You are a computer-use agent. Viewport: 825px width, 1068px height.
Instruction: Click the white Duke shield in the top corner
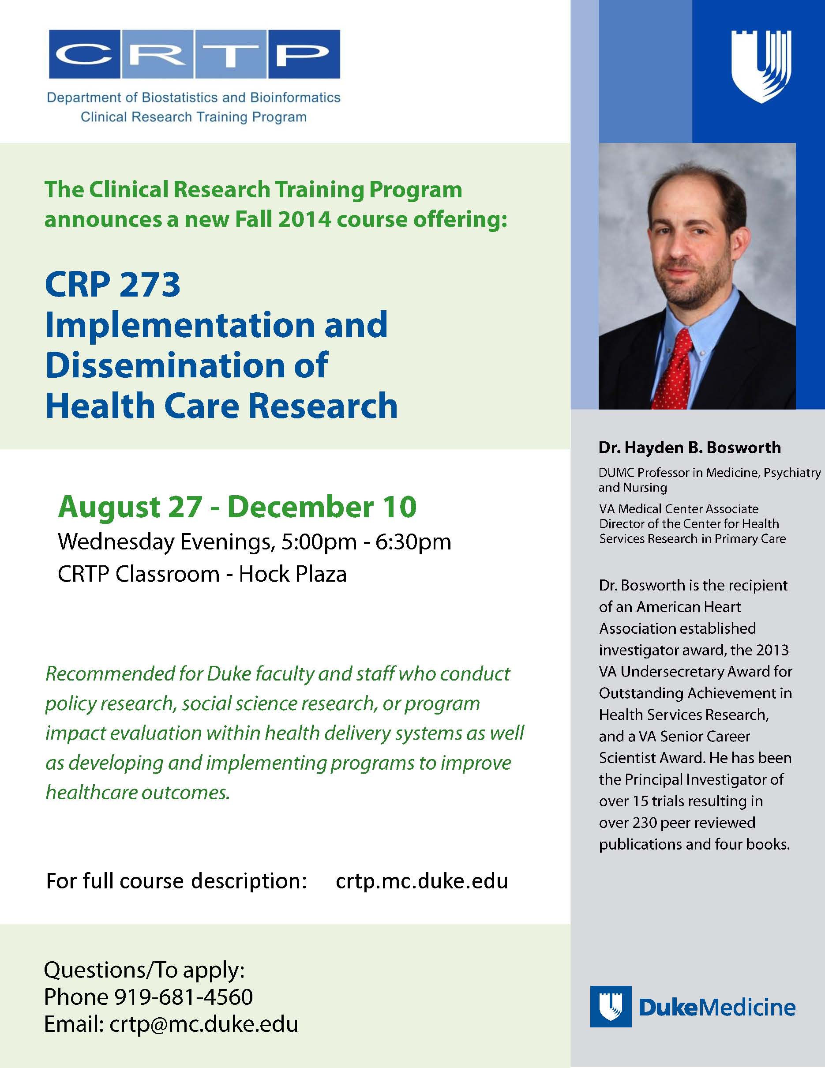pos(761,67)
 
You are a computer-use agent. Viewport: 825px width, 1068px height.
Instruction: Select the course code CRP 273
pos(113,285)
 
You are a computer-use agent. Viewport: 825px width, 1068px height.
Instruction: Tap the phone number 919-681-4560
pos(184,997)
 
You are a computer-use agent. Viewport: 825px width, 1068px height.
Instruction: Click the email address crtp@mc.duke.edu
pos(204,1024)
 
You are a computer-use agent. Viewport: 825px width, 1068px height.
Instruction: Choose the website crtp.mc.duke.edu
pos(422,881)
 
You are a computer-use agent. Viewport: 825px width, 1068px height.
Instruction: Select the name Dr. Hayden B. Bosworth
pos(690,448)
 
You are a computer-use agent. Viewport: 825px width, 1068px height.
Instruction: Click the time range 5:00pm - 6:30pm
pos(367,542)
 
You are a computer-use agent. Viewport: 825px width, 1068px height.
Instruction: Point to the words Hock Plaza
pos(293,574)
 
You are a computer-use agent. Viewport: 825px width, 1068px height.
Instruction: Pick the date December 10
pos(322,507)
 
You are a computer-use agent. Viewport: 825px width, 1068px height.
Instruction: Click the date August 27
pos(130,507)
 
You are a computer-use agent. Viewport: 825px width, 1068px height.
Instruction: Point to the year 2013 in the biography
pos(772,650)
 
